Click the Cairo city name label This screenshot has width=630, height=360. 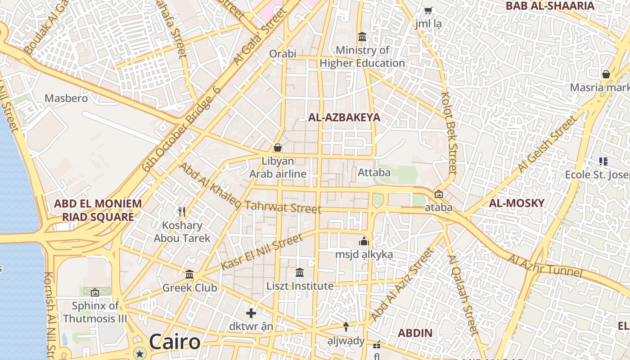pyautogui.click(x=175, y=342)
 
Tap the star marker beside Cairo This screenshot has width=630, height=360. pyautogui.click(x=140, y=353)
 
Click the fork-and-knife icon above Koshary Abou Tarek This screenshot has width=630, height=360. pyautogui.click(x=182, y=211)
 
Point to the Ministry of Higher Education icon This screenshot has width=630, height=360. pyautogui.click(x=362, y=36)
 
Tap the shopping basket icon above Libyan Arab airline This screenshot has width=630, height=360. pyautogui.click(x=278, y=148)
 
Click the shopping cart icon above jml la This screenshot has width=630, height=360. pyautogui.click(x=428, y=10)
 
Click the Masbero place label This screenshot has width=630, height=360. pyautogui.click(x=66, y=98)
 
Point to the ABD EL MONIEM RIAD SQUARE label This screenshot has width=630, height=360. pyautogui.click(x=98, y=210)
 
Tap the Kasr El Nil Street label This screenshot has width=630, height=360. pyautogui.click(x=262, y=252)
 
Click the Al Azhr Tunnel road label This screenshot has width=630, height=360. pyautogui.click(x=545, y=266)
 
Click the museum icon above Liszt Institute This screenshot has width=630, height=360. pyautogui.click(x=300, y=273)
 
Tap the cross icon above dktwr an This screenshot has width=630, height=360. pyautogui.click(x=251, y=313)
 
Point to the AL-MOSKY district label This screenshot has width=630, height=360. pyautogui.click(x=517, y=203)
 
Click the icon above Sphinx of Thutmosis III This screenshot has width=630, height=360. pyautogui.click(x=95, y=293)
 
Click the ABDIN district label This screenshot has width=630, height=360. pyautogui.click(x=415, y=333)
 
